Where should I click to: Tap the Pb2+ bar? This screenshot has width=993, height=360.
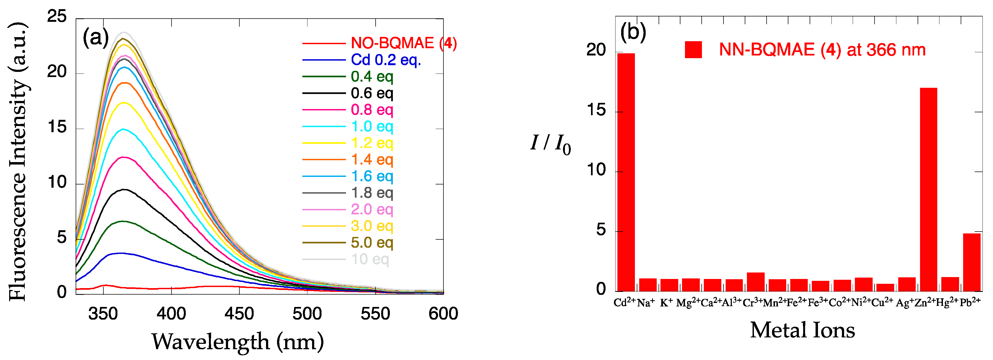coord(971,262)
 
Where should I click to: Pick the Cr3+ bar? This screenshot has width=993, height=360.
coord(756,282)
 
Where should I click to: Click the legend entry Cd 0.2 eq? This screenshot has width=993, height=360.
coord(386,60)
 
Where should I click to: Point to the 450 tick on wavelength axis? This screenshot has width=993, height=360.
coord(239,314)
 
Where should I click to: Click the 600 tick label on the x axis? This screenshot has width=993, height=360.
coord(443,314)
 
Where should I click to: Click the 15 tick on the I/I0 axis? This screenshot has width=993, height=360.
coord(596,111)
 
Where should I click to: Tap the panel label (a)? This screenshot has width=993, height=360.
coord(96,38)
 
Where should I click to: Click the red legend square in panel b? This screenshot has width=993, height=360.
coord(693,50)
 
